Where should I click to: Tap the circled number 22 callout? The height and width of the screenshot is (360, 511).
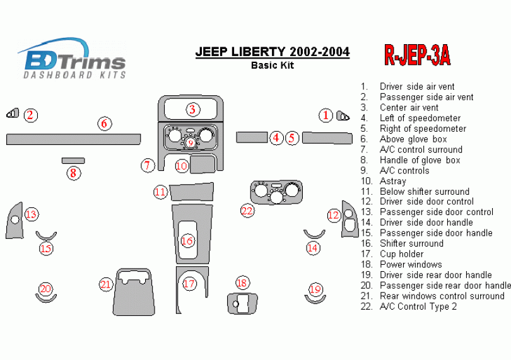247,211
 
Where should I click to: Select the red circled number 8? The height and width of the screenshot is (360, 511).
74,173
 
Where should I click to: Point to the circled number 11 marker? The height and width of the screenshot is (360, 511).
160,191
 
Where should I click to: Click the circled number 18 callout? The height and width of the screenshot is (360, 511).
242,283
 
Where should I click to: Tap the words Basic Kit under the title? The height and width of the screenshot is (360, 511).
273,64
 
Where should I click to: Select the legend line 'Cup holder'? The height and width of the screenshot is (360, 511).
401,254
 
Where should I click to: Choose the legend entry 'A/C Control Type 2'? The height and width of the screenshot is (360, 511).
418,306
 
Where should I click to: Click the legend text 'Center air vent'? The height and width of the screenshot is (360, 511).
409,108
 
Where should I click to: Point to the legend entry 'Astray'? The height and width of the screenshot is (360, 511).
392,181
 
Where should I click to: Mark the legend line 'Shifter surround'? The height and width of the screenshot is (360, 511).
411,243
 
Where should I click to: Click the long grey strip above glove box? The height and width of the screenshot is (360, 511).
73,138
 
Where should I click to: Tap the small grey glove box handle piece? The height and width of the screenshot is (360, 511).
73,161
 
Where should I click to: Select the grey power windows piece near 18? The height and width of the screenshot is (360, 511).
242,303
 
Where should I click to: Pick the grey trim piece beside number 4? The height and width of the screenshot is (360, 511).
252,137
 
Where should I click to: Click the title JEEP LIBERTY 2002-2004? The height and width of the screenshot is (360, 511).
273,52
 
